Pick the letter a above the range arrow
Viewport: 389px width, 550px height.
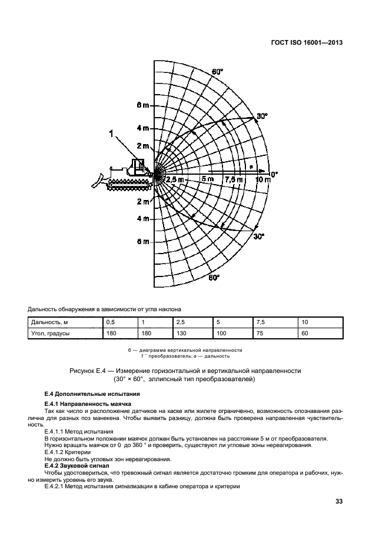click(251, 167)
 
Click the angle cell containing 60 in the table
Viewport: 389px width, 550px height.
click(305, 334)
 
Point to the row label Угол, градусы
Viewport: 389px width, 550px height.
click(50, 334)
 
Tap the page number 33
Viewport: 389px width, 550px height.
click(338, 502)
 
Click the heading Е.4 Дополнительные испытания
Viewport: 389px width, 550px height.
click(82, 394)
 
